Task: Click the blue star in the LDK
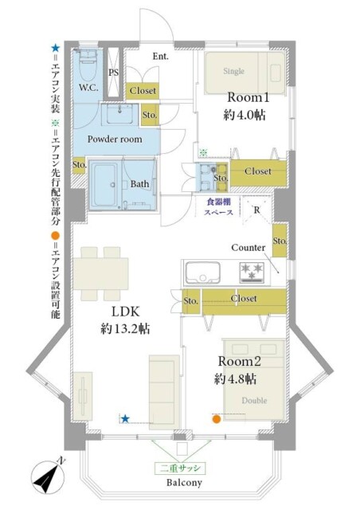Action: pyautogui.click(x=125, y=419)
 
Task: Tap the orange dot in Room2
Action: pyautogui.click(x=217, y=419)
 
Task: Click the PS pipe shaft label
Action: pyautogui.click(x=114, y=73)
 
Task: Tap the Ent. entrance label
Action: pyautogui.click(x=161, y=57)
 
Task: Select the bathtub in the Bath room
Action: pyautogui.click(x=104, y=184)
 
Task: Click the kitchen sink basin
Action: pyautogui.click(x=202, y=273)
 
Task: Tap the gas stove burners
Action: pyautogui.click(x=252, y=273)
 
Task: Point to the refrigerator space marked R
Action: pyautogui.click(x=256, y=210)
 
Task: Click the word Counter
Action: pyautogui.click(x=248, y=248)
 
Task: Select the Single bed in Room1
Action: pyautogui.click(x=245, y=73)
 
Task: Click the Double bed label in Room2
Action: pyautogui.click(x=254, y=400)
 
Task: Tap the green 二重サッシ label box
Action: pyautogui.click(x=180, y=469)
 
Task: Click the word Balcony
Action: pyautogui.click(x=184, y=482)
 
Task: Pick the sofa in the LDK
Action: pyautogui.click(x=164, y=389)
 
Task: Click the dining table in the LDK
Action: pyautogui.click(x=101, y=274)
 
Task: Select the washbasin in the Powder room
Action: pyautogui.click(x=120, y=115)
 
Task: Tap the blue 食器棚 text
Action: pyautogui.click(x=218, y=202)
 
